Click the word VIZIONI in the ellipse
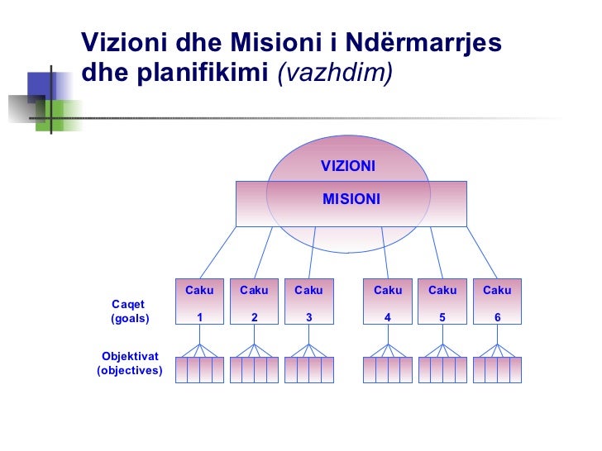[348, 167]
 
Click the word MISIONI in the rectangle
[351, 199]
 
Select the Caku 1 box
[199, 303]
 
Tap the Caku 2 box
[254, 303]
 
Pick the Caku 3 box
[308, 303]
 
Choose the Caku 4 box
[388, 303]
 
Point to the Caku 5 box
[442, 303]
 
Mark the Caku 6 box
[497, 303]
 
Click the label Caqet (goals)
[129, 311]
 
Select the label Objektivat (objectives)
[130, 363]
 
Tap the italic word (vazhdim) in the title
[336, 73]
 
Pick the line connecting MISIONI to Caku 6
[481, 252]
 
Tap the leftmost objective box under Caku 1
[181, 369]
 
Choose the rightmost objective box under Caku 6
[516, 369]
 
